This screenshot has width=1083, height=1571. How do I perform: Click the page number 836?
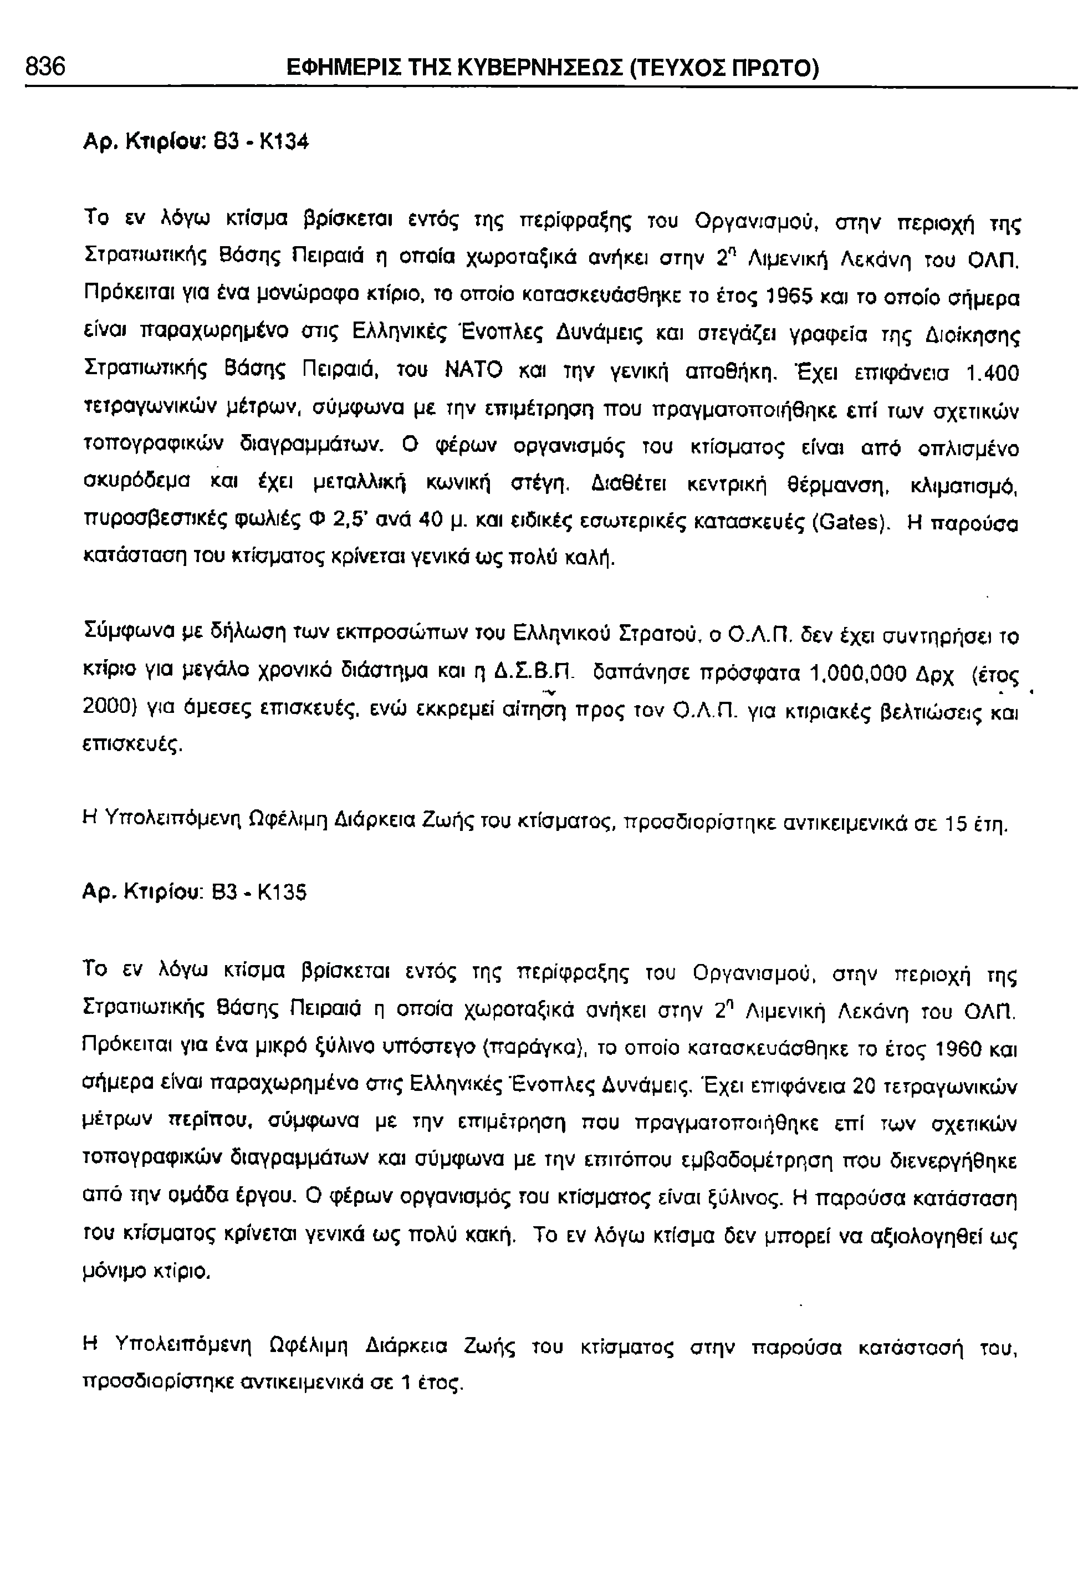pos(45,67)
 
